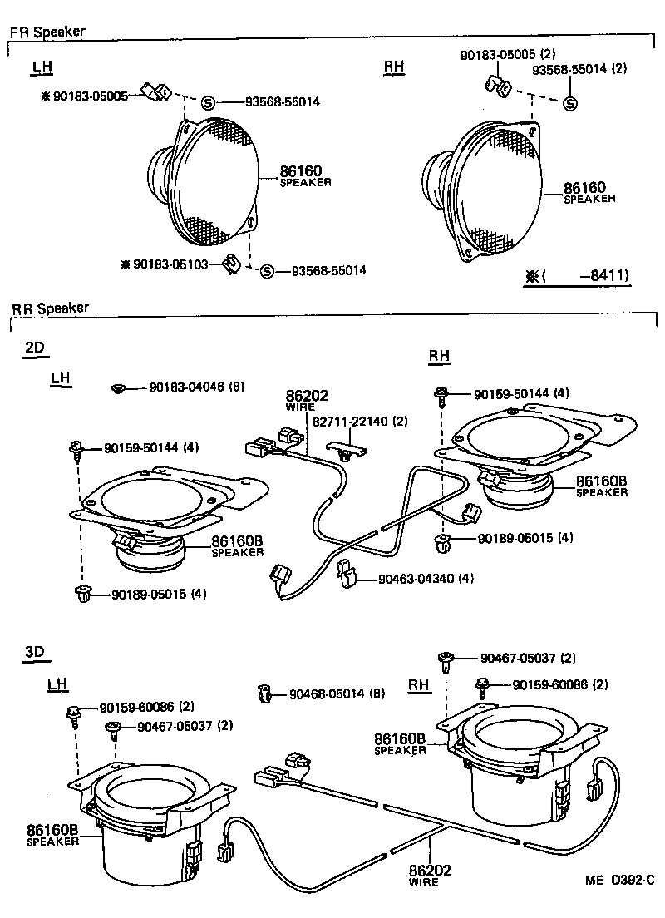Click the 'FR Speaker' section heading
(47, 33)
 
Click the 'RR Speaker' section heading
(50, 308)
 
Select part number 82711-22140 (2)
(360, 422)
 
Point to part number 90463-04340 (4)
(425, 578)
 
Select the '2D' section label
(35, 348)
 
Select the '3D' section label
(34, 653)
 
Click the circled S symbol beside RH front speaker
(570, 104)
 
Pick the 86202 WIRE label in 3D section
(429, 876)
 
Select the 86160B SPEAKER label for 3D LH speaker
(52, 833)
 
